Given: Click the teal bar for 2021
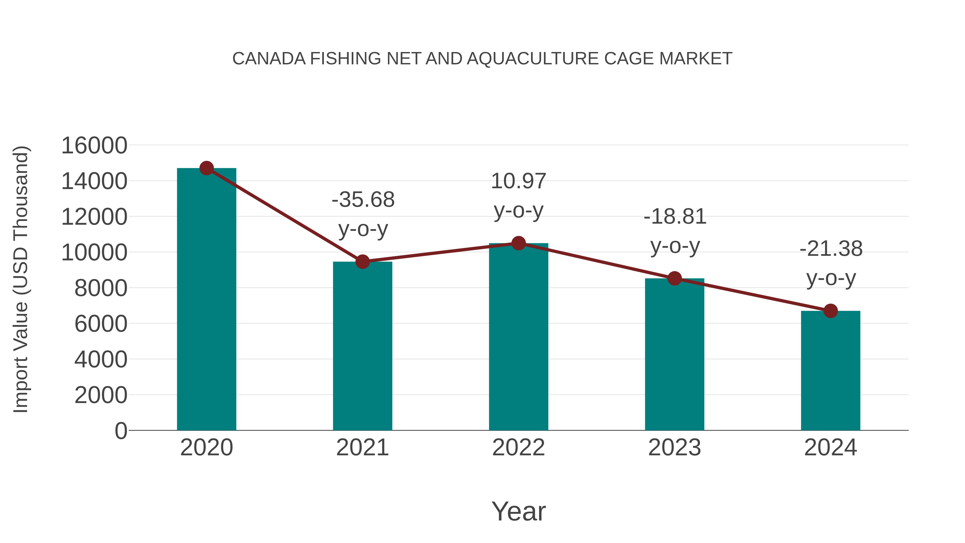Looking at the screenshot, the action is pos(363,346).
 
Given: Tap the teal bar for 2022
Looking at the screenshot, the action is pos(518,337).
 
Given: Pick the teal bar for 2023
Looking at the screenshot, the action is pos(675,354).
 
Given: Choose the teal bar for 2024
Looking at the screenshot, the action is pos(830,370).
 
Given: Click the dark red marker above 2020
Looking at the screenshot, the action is pos(207,168).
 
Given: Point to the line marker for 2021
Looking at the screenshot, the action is pos(363,261).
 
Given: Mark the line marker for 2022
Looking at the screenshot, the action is pos(518,243).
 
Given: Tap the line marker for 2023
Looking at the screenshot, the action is pos(675,278).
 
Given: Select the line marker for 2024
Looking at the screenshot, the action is pos(830,311).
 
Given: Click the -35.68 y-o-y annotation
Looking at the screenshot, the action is pos(363,214).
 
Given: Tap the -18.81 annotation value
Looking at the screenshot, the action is pos(675,217).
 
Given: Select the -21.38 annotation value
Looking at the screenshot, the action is pos(831,249).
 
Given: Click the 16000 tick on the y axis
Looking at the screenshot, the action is pos(94,145).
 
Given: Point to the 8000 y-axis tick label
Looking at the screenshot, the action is pos(101,288).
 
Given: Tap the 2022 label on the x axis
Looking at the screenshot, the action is pos(518,448).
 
